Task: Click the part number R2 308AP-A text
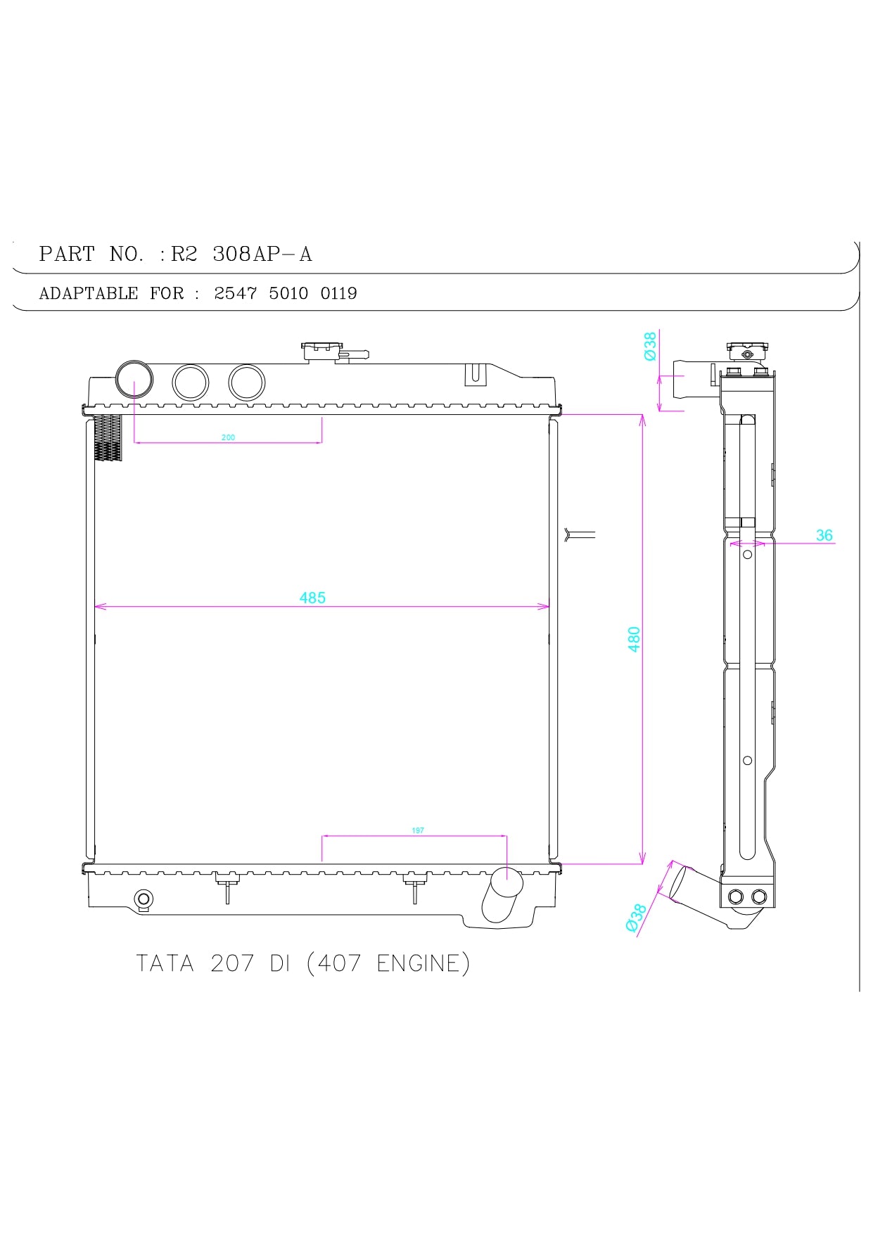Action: click(241, 254)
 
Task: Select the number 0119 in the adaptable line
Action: click(338, 293)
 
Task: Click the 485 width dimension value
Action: click(312, 598)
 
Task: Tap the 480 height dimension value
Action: click(634, 639)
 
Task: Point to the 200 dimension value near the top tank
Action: click(228, 437)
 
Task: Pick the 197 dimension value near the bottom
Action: click(418, 830)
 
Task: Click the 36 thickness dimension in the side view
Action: click(824, 535)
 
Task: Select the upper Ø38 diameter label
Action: click(650, 346)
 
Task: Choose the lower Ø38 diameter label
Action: click(635, 918)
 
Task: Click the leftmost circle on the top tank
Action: click(134, 379)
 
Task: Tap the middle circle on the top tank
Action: click(191, 383)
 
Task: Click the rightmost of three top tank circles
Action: click(246, 383)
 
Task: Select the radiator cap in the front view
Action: click(323, 349)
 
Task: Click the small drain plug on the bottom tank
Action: click(144, 899)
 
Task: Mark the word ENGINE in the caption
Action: click(419, 963)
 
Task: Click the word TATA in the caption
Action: click(165, 963)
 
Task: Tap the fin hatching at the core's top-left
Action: click(108, 438)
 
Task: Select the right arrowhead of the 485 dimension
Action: click(544, 606)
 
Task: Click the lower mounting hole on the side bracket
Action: click(747, 760)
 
